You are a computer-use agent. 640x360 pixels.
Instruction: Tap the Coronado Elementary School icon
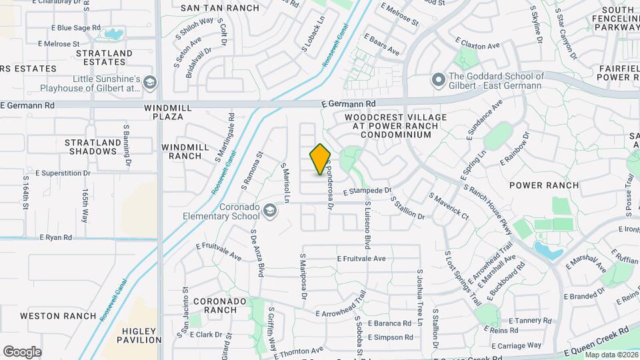(270, 211)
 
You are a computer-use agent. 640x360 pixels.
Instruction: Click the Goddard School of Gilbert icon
(438, 81)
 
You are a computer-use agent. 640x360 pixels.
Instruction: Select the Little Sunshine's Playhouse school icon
(150, 82)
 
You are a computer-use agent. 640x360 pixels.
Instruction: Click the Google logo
(22, 351)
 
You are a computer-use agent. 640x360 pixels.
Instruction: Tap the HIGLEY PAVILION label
(139, 335)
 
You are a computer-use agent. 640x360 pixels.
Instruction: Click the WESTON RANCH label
(50, 315)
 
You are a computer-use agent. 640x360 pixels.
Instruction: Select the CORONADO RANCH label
(215, 305)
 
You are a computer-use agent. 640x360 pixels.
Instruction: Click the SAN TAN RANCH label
(211, 8)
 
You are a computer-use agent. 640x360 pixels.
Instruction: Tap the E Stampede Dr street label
(367, 191)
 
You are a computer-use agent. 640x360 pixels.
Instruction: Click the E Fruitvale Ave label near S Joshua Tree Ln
(361, 259)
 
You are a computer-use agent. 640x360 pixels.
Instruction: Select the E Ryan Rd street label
(55, 237)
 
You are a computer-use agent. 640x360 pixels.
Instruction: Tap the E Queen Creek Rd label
(597, 341)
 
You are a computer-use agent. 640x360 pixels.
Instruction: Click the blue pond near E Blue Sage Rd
(113, 33)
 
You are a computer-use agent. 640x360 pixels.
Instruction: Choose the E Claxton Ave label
(477, 46)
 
